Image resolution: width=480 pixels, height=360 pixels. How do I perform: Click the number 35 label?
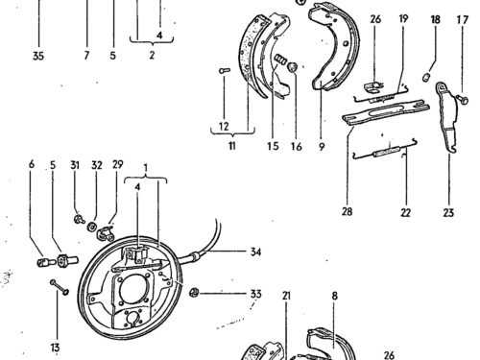pyautogui.click(x=38, y=56)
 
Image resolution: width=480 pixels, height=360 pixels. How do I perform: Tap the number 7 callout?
pyautogui.click(x=86, y=56)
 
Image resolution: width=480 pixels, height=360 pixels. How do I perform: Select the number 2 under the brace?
pyautogui.click(x=152, y=55)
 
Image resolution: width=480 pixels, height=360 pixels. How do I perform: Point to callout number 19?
pyautogui.click(x=403, y=18)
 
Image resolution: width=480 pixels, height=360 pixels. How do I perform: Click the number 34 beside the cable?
pyautogui.click(x=255, y=252)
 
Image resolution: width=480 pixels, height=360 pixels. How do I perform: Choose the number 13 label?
pyautogui.click(x=55, y=348)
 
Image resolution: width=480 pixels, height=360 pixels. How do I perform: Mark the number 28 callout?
pyautogui.click(x=347, y=211)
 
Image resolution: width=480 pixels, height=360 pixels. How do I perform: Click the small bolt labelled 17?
pyautogui.click(x=463, y=99)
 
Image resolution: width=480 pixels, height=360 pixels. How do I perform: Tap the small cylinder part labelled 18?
pyautogui.click(x=426, y=78)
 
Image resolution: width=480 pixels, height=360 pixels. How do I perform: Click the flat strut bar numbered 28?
pyautogui.click(x=386, y=112)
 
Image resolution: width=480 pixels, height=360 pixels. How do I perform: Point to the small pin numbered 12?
pyautogui.click(x=225, y=70)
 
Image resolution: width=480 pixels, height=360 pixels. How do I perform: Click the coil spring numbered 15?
pyautogui.click(x=280, y=60)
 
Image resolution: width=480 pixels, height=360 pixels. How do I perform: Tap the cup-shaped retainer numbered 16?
pyautogui.click(x=293, y=67)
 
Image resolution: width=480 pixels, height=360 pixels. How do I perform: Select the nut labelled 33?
pyautogui.click(x=193, y=293)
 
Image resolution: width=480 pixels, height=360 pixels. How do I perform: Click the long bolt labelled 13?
pyautogui.click(x=60, y=288)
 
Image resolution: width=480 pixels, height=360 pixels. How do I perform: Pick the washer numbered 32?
pyautogui.click(x=92, y=227)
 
